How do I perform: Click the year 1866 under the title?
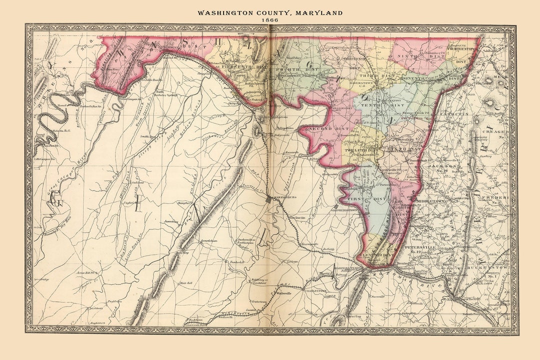(x=270, y=20)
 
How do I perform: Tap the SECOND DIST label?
(x=330, y=129)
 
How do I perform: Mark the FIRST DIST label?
(x=368, y=198)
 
